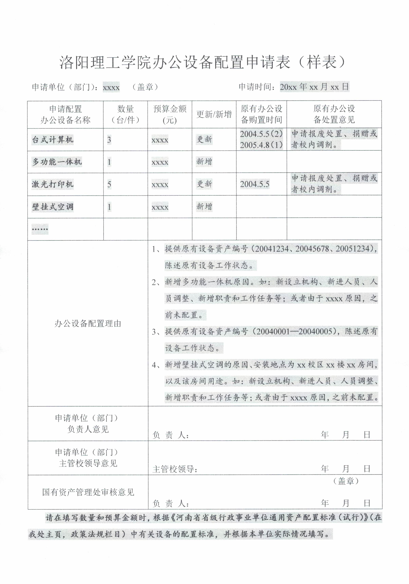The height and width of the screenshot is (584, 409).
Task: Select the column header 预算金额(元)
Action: pyautogui.click(x=170, y=115)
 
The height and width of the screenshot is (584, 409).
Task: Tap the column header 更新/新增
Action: pyautogui.click(x=214, y=115)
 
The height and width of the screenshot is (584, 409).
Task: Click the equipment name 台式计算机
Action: pyautogui.click(x=53, y=140)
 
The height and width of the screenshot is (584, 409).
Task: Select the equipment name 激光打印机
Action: pyautogui.click(x=53, y=184)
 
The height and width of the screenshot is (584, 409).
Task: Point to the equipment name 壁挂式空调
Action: pyautogui.click(x=53, y=207)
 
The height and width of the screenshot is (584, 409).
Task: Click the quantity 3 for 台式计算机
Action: pyautogui.click(x=109, y=140)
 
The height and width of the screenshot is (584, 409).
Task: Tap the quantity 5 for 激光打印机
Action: pyautogui.click(x=109, y=184)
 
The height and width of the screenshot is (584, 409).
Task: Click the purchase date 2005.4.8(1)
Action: pyautogui.click(x=261, y=145)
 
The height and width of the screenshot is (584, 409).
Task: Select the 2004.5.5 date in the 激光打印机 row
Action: pyautogui.click(x=255, y=184)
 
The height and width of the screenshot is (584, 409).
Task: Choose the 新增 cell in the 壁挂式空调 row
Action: pyautogui.click(x=204, y=207)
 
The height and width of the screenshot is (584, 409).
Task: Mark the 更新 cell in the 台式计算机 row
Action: pyautogui.click(x=204, y=139)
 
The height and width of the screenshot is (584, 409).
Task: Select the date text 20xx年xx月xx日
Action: pyautogui.click(x=314, y=87)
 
